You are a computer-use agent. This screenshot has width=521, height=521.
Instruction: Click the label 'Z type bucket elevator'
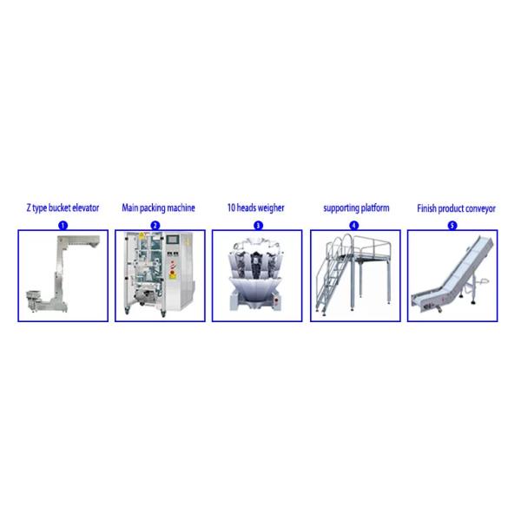62,208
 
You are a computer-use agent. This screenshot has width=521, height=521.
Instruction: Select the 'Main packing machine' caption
158,208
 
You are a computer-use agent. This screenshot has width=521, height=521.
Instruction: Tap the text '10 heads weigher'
257,208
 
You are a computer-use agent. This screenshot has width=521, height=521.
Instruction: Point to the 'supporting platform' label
356,208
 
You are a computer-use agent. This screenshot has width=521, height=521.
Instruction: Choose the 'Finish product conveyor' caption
453,208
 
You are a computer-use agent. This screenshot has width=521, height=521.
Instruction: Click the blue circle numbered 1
63,225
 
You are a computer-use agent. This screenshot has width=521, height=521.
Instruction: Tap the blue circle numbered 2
155,225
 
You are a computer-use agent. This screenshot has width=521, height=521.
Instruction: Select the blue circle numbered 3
258,225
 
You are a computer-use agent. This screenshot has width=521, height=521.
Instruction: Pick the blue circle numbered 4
353,225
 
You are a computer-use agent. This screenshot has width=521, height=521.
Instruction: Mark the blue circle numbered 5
452,225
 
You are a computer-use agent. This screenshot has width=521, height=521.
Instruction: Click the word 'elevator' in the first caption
84,208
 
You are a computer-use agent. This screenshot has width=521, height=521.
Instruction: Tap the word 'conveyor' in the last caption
478,208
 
